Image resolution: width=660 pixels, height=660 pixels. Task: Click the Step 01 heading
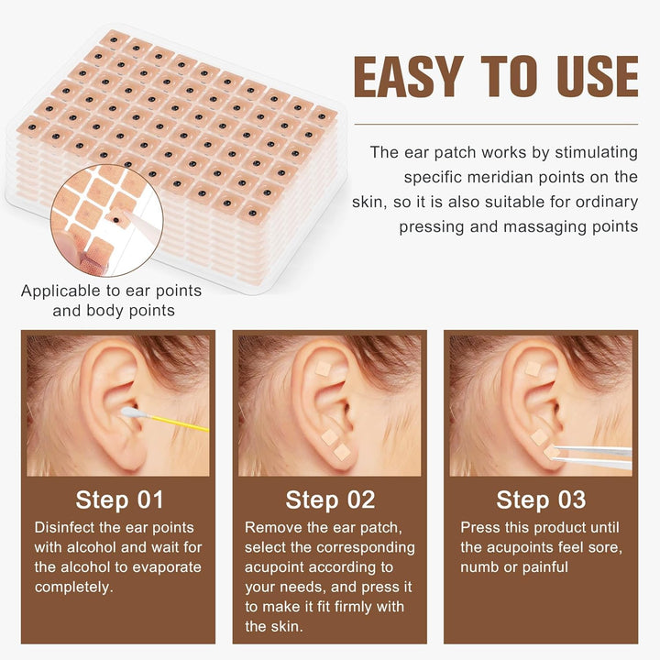tap(119, 500)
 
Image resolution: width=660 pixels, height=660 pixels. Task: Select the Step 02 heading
tap(330, 500)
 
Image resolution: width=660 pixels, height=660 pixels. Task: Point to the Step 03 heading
tap(541, 500)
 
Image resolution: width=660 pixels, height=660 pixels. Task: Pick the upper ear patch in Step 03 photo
tap(533, 368)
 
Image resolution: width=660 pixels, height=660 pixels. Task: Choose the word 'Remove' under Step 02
tap(272, 528)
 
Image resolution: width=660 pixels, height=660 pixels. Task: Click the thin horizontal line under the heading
tap(496, 124)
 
